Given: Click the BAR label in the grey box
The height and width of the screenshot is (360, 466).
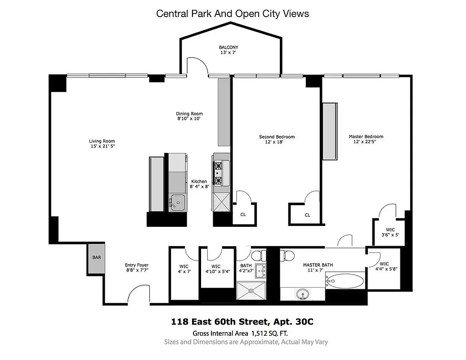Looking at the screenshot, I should click(97, 258).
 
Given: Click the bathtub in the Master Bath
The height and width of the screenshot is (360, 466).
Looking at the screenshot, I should click(345, 282).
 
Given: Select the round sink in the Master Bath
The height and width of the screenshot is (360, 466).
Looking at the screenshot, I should click(302, 295).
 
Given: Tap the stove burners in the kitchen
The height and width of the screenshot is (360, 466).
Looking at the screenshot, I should click(219, 173).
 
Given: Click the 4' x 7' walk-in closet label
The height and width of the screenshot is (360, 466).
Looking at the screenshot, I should click(184, 269).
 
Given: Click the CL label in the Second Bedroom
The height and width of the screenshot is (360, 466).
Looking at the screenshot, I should click(243, 215).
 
